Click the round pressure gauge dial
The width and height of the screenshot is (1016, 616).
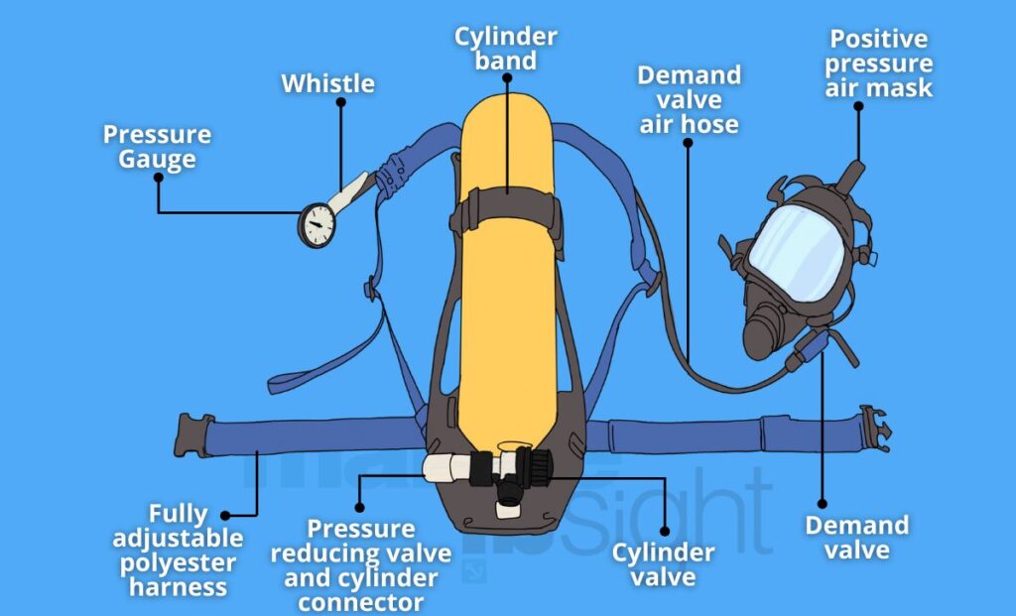317,225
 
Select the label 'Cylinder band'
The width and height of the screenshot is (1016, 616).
505,49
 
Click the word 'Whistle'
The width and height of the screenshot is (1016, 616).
327,83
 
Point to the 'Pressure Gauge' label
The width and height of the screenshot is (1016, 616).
158,147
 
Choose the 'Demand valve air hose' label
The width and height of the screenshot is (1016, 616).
689,100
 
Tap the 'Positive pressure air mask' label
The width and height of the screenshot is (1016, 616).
879,62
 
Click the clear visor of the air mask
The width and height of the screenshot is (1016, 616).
797,253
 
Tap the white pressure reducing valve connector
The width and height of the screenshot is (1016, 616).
447,467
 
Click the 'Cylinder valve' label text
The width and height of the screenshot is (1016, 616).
663,564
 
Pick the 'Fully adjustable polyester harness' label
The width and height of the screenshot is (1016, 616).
178,551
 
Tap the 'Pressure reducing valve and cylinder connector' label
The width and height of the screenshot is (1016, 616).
361,565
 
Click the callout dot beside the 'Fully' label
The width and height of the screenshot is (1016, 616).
225,516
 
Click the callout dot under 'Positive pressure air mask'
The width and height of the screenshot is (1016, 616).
858,106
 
